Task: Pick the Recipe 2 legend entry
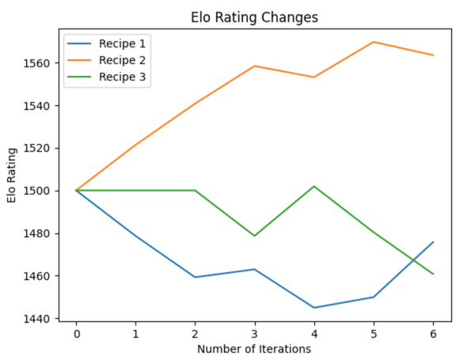pyautogui.click(x=123, y=60)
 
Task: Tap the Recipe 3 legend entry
pyautogui.click(x=123, y=77)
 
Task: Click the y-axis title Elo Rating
pyautogui.click(x=13, y=176)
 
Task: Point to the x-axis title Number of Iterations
pyautogui.click(x=255, y=348)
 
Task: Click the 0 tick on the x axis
pyautogui.click(x=77, y=333)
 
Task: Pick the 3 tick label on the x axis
pyautogui.click(x=255, y=333)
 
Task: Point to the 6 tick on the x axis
pyautogui.click(x=433, y=333)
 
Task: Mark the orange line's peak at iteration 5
pyautogui.click(x=374, y=42)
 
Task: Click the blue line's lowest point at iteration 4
pyautogui.click(x=314, y=308)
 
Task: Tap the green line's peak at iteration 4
pyautogui.click(x=314, y=187)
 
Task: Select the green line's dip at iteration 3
pyautogui.click(x=255, y=236)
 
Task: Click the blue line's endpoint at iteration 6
pyautogui.click(x=433, y=242)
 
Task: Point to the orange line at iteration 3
pyautogui.click(x=255, y=66)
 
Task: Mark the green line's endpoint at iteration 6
pyautogui.click(x=433, y=274)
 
